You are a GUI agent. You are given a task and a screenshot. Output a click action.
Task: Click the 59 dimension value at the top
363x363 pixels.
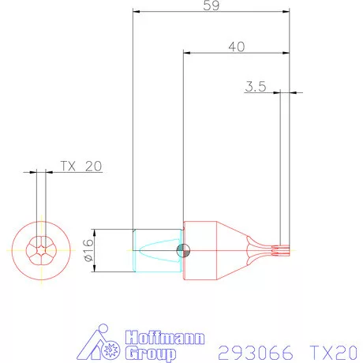coord(211,6)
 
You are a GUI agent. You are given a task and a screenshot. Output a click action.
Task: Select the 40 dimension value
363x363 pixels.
coord(235,47)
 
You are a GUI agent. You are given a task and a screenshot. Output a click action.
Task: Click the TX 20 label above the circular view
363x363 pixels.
coord(80,167)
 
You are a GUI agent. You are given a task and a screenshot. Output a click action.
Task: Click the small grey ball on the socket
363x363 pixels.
coord(183,251)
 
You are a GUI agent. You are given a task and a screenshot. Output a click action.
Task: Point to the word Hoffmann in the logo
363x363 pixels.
coord(159,335)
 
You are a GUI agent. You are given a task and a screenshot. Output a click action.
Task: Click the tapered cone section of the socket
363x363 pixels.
coord(233,251)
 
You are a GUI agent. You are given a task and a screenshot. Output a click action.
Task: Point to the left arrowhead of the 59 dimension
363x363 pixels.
coord(136,13)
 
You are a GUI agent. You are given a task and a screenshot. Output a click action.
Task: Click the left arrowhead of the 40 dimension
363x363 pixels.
coord(186,54)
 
